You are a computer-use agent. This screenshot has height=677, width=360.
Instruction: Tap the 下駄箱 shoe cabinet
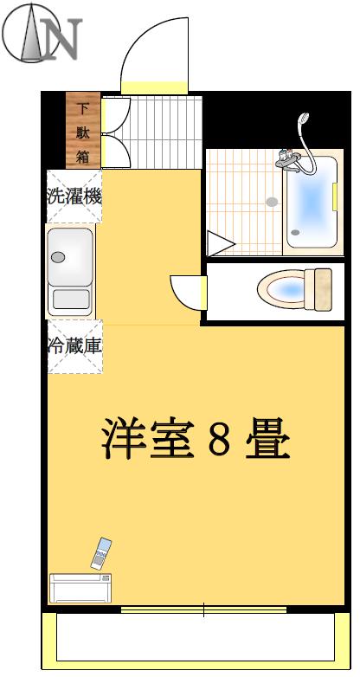click(x=83, y=130)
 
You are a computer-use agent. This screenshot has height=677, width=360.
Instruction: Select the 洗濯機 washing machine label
click(x=74, y=197)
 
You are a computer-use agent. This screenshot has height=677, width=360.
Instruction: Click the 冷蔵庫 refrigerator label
click(x=74, y=345)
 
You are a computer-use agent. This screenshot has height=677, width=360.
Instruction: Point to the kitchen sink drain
click(x=58, y=257)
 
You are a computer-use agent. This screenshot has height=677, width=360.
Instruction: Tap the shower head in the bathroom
click(x=304, y=119)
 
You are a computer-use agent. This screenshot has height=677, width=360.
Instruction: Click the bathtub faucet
click(x=288, y=161)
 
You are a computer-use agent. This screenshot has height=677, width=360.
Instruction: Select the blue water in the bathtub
click(x=310, y=201)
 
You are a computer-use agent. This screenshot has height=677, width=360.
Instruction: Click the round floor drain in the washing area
click(x=272, y=202)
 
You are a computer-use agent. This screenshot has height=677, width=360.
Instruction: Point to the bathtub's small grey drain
click(x=295, y=232)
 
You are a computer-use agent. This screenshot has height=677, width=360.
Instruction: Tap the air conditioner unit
click(x=80, y=588)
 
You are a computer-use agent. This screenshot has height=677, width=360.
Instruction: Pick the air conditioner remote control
click(x=100, y=553)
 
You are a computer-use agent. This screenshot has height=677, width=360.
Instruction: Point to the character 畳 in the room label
click(x=267, y=438)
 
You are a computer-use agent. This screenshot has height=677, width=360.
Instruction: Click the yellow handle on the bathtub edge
click(x=335, y=196)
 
